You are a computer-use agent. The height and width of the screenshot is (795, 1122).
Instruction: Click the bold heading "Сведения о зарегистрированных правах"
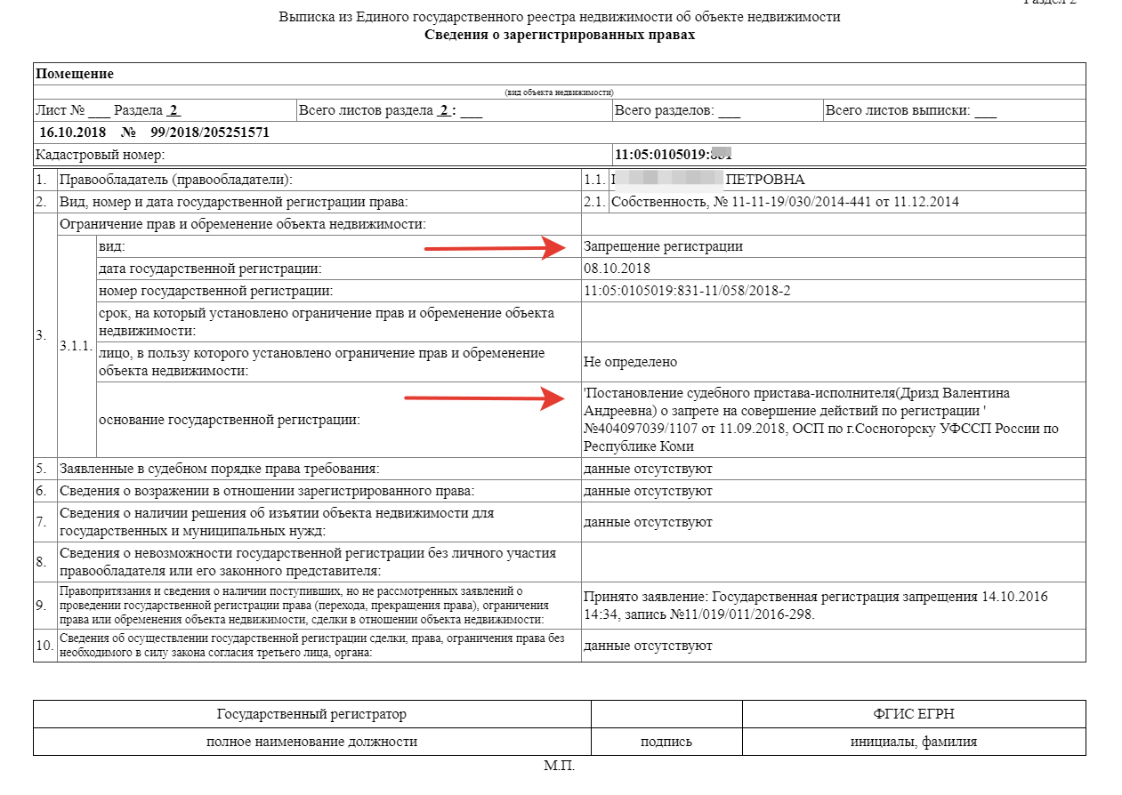coord(559,36)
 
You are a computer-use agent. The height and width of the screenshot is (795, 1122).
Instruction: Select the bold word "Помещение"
coord(75,74)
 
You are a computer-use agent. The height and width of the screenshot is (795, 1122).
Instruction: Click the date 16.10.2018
coord(73,132)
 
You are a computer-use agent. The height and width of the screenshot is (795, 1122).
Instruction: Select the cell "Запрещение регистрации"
coord(663,246)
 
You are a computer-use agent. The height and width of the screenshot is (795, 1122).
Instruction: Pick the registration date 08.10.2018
coord(618,269)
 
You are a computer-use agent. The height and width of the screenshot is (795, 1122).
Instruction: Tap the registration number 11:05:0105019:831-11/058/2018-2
coord(687,291)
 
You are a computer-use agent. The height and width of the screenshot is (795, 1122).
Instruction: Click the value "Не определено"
coord(630,362)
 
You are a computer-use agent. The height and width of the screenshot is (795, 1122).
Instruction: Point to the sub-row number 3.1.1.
coord(76,346)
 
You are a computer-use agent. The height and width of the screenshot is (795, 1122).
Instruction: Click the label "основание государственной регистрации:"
coord(230,420)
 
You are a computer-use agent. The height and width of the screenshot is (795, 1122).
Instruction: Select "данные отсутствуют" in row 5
coord(648,469)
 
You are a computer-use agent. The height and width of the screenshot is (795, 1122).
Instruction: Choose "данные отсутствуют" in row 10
coord(648,646)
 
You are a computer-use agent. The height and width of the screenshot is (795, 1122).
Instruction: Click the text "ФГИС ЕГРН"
coord(914,714)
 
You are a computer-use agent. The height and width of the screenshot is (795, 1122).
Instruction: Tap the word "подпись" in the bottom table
coord(666,742)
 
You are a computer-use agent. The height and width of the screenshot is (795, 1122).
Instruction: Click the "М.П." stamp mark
coord(560,767)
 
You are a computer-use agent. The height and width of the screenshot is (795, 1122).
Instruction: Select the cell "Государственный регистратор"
coord(311,714)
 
